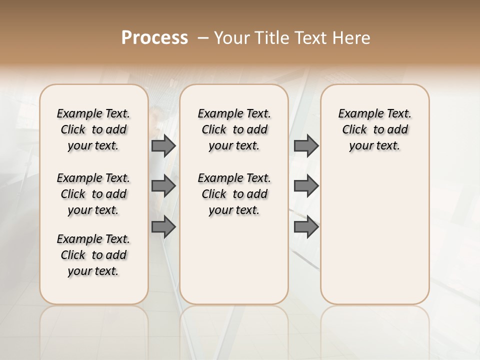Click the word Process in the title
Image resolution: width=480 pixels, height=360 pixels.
click(x=154, y=38)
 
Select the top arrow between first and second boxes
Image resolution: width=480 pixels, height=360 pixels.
click(x=163, y=146)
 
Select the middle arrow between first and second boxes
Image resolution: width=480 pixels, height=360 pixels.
click(x=163, y=186)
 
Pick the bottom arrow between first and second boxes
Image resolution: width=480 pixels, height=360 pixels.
click(x=163, y=227)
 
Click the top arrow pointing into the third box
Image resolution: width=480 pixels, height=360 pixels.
click(x=306, y=146)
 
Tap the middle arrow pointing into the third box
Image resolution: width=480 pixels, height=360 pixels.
click(x=306, y=186)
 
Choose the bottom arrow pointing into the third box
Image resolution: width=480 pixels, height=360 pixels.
click(x=306, y=227)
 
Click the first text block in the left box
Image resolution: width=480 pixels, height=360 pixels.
click(x=93, y=129)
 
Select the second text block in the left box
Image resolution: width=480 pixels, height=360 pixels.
click(x=93, y=194)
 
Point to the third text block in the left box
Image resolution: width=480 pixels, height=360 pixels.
click(x=93, y=255)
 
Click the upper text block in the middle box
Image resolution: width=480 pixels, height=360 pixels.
click(x=234, y=129)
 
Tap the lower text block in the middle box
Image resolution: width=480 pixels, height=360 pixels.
click(x=234, y=194)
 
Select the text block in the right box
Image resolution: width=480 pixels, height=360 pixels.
click(x=375, y=129)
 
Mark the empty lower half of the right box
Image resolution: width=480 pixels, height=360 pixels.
click(x=375, y=240)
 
